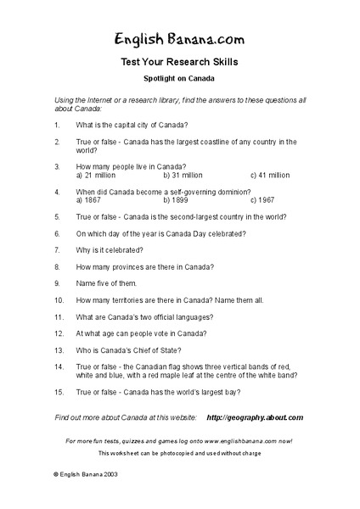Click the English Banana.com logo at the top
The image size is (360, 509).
(x=179, y=37)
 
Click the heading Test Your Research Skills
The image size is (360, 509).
(x=179, y=62)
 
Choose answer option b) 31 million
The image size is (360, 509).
(x=182, y=176)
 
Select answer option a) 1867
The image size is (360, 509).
(x=87, y=200)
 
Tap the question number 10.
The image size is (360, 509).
(x=59, y=299)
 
